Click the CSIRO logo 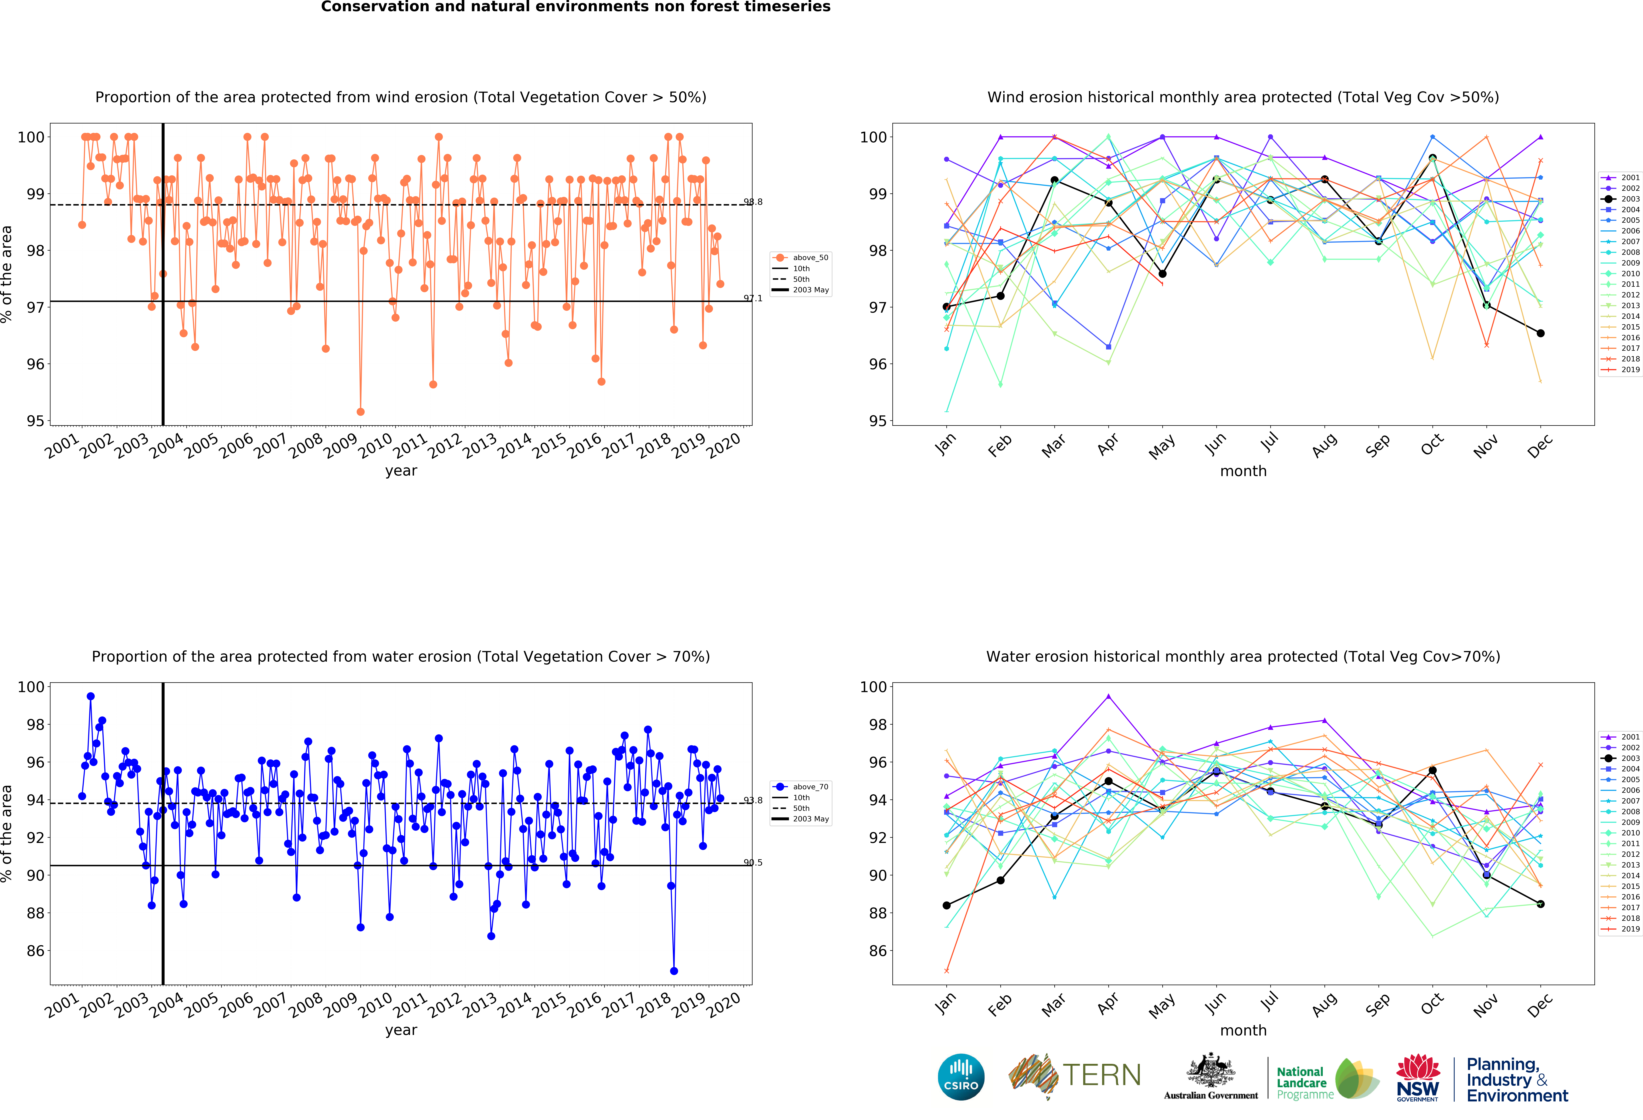point(961,1077)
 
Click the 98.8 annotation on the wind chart point(753,202)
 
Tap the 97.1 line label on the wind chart point(753,298)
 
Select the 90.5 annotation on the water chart point(753,863)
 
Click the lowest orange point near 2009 point(361,412)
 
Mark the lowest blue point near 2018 point(674,971)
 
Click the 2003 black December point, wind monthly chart point(1540,333)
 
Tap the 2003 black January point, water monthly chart point(947,905)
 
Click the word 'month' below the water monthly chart point(1243,1030)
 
